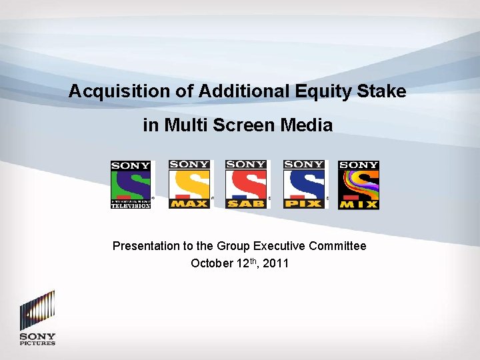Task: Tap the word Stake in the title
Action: click(x=381, y=91)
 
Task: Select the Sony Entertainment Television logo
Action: click(x=131, y=185)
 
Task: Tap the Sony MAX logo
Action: click(x=189, y=185)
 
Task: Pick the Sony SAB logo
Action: click(x=246, y=185)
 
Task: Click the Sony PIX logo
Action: click(x=304, y=185)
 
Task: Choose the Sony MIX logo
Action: click(x=359, y=185)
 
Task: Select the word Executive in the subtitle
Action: click(x=280, y=246)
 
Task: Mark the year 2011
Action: click(x=276, y=263)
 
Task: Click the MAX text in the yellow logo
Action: click(x=189, y=203)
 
